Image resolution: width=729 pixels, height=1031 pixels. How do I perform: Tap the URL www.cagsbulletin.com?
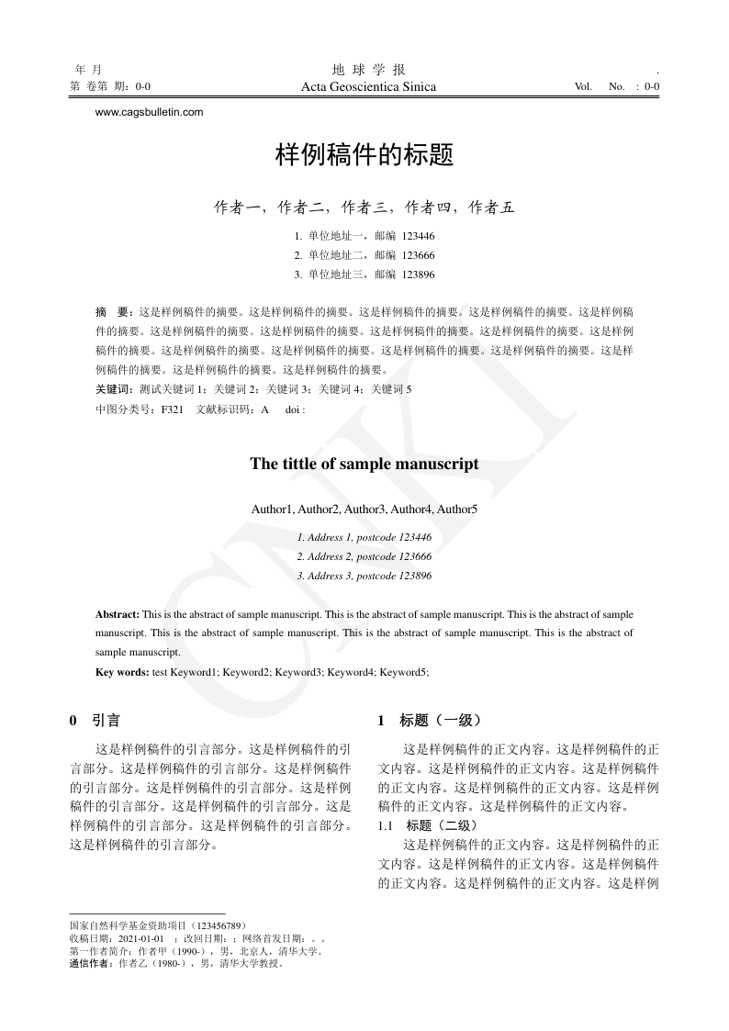(149, 112)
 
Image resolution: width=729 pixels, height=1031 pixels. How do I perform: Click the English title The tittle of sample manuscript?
(364, 464)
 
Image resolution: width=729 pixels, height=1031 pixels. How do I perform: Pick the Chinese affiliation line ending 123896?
(364, 275)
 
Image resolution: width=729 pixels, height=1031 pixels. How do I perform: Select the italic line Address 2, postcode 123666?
(364, 556)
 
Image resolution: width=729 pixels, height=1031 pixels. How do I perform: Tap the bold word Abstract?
(118, 613)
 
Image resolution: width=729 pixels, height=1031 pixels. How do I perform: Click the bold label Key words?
(122, 672)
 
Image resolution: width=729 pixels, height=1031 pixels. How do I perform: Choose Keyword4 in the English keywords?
(352, 672)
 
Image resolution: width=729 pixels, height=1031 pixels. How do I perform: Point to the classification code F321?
(173, 409)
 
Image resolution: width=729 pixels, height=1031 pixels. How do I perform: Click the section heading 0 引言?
(95, 721)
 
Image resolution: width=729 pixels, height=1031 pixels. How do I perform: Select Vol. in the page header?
(583, 87)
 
